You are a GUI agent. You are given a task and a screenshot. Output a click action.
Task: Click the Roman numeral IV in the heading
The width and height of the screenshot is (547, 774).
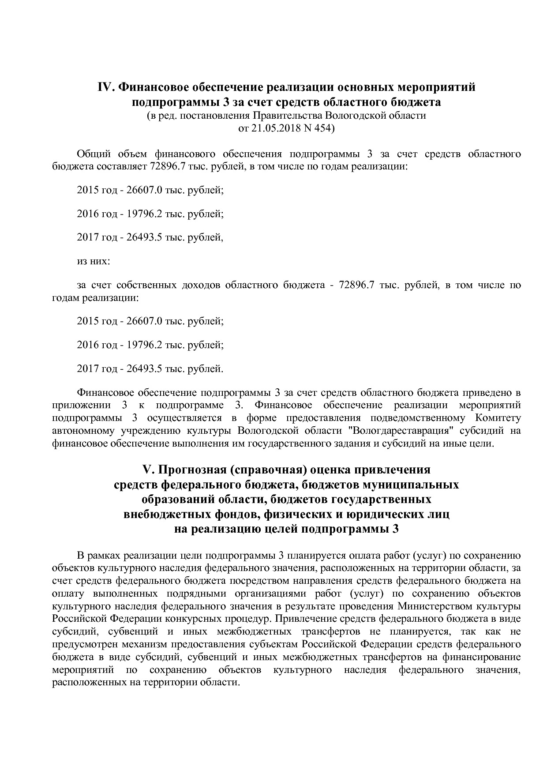106,87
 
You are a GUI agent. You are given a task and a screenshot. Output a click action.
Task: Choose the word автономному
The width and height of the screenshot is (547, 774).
82,430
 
